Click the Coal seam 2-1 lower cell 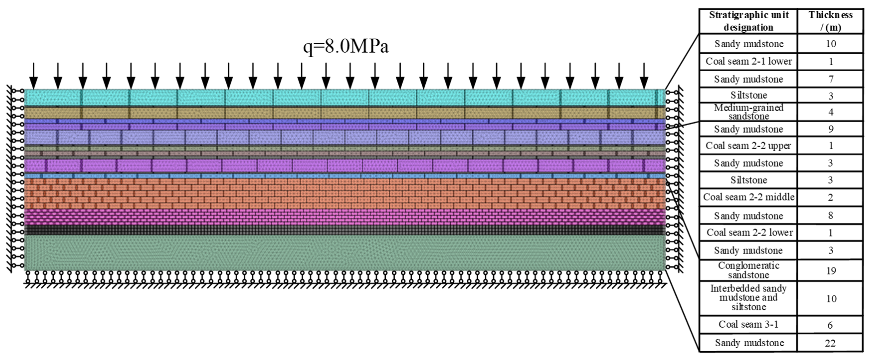(749, 61)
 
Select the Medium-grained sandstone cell (749, 112)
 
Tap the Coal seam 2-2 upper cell (749, 146)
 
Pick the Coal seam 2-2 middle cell (749, 197)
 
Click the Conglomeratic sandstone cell (749, 270)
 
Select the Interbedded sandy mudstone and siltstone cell (749, 298)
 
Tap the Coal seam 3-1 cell (749, 325)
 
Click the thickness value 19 (831, 270)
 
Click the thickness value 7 (831, 79)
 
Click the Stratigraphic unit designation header (749, 21)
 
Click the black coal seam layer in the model (344, 230)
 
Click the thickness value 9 (831, 129)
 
